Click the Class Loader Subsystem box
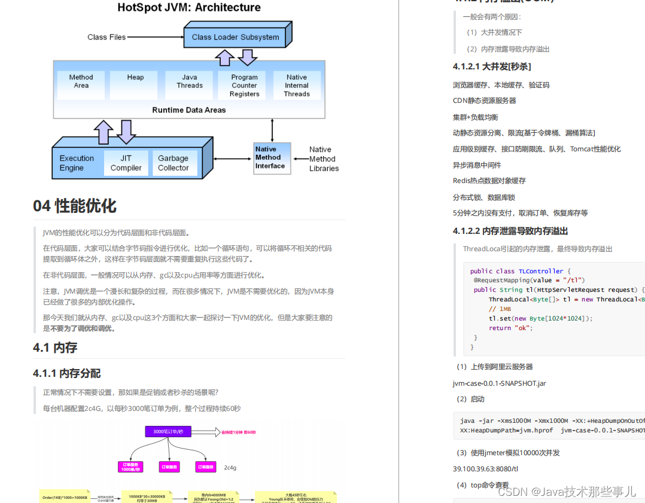coord(235,36)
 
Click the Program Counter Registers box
coord(244,86)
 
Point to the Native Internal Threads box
coord(297,86)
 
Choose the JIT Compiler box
coord(126,163)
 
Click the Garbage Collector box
coord(173,163)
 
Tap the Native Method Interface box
coord(270,158)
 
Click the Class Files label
coord(107,37)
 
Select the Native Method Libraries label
coord(324,159)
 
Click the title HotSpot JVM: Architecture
coord(189,8)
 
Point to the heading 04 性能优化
coord(75,206)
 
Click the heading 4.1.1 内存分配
coord(66,373)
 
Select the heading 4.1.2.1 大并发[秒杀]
coord(492,66)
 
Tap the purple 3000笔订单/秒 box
coord(168,431)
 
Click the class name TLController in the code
coord(541,271)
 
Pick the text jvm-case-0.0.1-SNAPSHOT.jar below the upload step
coord(499,383)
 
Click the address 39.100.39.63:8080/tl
coord(485,469)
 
